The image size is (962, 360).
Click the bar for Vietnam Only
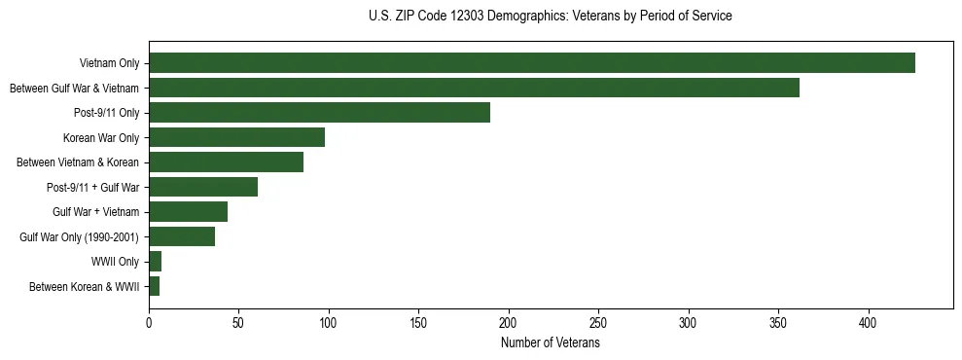531,63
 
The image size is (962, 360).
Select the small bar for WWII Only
155,262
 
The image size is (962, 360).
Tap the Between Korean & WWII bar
154,286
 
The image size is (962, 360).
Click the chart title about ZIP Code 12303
551,17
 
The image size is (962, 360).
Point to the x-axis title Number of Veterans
551,343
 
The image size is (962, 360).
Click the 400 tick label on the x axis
869,321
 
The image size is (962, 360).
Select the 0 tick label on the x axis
149,321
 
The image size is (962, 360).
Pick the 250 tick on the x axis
598,321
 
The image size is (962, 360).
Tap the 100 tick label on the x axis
329,321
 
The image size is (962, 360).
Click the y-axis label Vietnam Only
109,64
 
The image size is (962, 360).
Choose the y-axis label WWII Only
115,262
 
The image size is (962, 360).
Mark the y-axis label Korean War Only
101,138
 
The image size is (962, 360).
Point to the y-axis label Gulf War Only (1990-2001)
79,237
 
